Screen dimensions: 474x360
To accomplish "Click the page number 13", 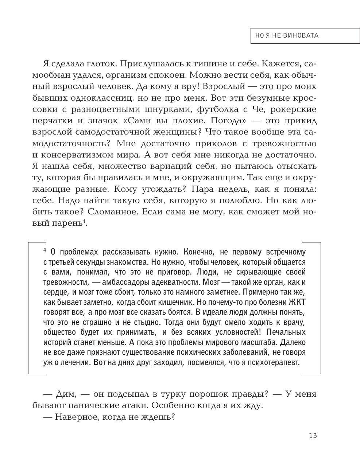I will (313, 435).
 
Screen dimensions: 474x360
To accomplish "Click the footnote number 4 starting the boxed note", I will (44, 250).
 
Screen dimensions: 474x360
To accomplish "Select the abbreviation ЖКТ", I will (297, 302).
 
